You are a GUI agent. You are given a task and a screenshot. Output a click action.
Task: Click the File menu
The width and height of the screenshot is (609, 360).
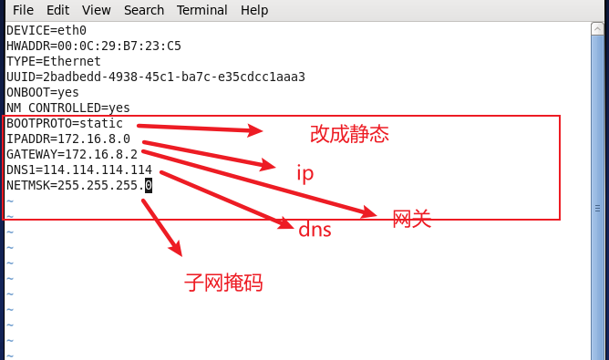(23, 10)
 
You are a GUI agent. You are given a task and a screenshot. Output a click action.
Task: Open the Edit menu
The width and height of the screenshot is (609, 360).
(57, 10)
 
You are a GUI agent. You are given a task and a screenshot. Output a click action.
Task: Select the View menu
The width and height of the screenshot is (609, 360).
(96, 10)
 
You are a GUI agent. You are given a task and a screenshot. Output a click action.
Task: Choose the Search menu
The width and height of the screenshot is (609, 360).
(144, 10)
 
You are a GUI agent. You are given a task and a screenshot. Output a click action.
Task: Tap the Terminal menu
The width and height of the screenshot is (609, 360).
(202, 10)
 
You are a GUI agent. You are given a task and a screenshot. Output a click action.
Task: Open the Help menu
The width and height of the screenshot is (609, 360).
(254, 10)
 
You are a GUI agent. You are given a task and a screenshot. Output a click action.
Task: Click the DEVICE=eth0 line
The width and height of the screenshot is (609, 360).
(46, 30)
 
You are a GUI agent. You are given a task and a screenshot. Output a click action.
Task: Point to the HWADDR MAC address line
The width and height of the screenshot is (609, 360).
(93, 46)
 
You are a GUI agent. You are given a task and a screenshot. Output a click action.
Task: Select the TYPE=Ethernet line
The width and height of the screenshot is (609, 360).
(54, 61)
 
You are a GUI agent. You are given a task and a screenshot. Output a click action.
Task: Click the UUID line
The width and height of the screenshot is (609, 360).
(155, 77)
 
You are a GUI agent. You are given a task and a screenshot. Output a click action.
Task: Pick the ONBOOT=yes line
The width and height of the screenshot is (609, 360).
(43, 92)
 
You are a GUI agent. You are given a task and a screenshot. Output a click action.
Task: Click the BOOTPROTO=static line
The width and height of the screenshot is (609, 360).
(64, 123)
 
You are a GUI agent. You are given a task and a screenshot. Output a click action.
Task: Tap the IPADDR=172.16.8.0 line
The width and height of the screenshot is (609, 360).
(68, 139)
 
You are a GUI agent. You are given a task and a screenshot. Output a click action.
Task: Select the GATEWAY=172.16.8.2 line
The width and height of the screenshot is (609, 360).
(72, 154)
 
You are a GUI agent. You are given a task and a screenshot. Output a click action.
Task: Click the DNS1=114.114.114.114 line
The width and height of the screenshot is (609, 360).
(79, 170)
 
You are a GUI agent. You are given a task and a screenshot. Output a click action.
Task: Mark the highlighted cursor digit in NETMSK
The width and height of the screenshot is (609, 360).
(149, 185)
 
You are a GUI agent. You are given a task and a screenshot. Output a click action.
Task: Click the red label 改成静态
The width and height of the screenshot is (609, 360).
(349, 135)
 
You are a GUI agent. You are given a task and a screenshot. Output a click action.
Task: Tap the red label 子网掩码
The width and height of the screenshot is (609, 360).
(223, 283)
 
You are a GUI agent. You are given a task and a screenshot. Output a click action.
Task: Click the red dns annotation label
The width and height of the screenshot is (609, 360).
(315, 230)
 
